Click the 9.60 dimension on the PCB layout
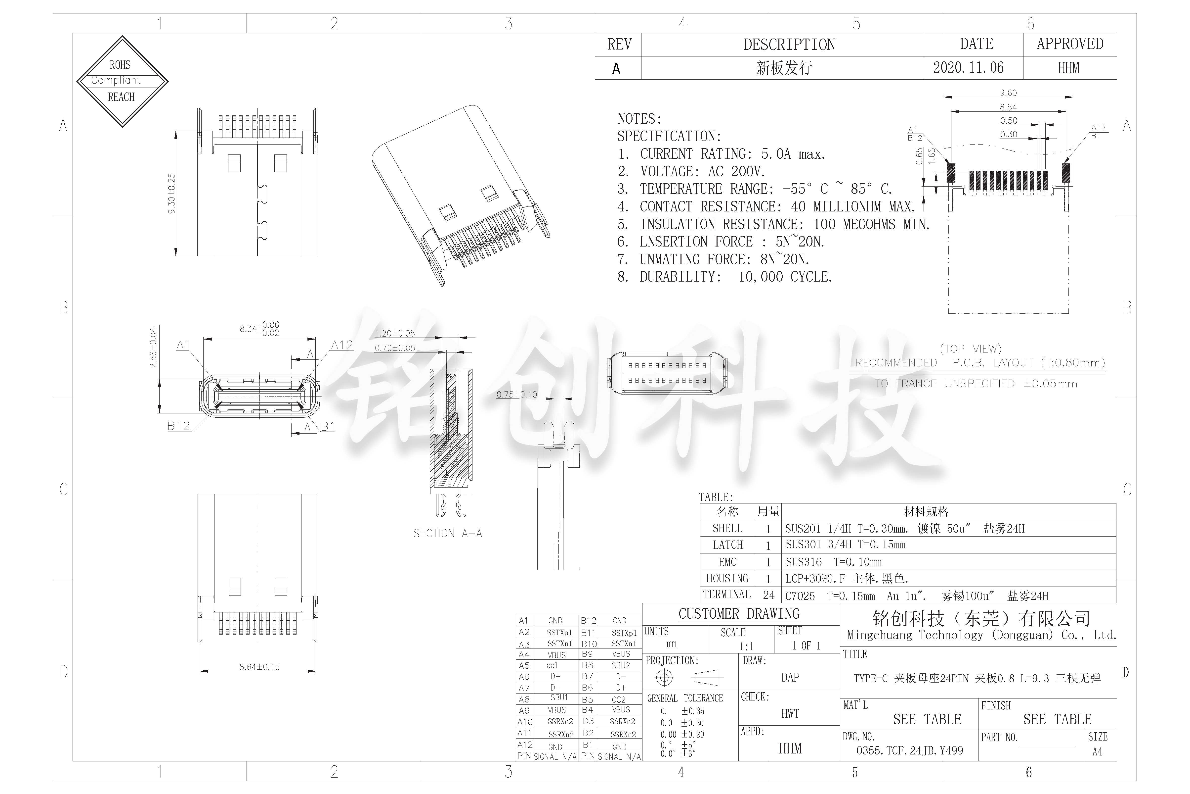[x=1008, y=93]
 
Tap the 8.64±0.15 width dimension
[x=259, y=667]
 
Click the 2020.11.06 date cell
[x=968, y=68]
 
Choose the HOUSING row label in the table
[x=727, y=578]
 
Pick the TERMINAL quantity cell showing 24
[x=768, y=595]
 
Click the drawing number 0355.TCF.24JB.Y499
[x=909, y=750]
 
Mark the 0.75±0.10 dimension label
[x=516, y=395]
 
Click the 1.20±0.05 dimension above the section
[x=395, y=334]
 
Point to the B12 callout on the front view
[x=179, y=426]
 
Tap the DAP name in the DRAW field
[x=790, y=678]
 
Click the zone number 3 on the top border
[x=508, y=23]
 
